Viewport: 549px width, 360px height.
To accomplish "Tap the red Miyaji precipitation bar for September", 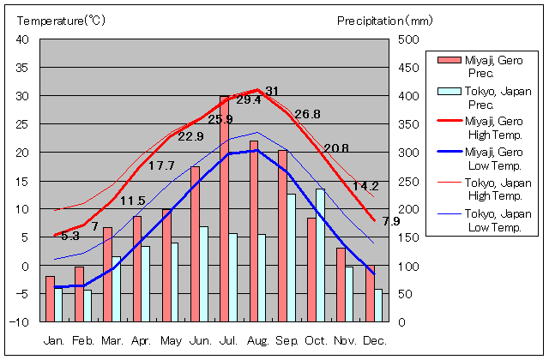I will (282, 236).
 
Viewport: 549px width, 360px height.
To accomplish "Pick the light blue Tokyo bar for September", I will (292, 258).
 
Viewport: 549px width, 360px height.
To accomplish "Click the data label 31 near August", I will (272, 91).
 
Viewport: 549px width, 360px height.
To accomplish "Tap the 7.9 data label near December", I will (390, 222).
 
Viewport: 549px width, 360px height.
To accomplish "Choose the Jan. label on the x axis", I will (54, 340).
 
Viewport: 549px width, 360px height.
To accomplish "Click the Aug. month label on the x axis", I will (257, 340).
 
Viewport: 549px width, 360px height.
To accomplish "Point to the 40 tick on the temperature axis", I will (23, 39).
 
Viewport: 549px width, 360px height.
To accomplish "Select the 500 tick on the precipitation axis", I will (409, 39).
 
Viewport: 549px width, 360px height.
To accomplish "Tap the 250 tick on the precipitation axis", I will (409, 181).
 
